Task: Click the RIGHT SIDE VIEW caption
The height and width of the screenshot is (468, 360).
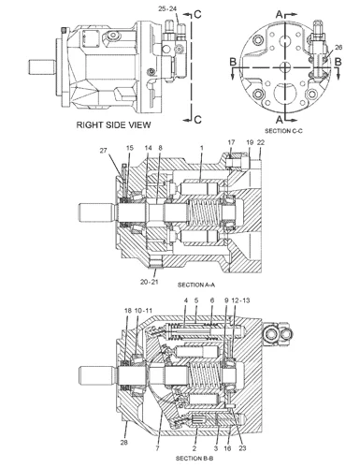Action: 113,124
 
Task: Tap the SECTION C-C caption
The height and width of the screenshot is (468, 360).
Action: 283,131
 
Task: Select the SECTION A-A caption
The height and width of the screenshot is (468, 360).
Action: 196,285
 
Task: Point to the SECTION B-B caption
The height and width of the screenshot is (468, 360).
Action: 194,458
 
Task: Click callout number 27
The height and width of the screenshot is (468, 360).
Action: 103,151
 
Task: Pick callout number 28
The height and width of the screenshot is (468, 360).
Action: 124,442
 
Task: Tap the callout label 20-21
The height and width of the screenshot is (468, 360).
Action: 149,282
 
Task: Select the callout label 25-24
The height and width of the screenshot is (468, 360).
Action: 167,8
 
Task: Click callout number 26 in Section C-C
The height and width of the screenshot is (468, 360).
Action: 338,47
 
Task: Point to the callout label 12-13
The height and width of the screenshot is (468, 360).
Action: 241,300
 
